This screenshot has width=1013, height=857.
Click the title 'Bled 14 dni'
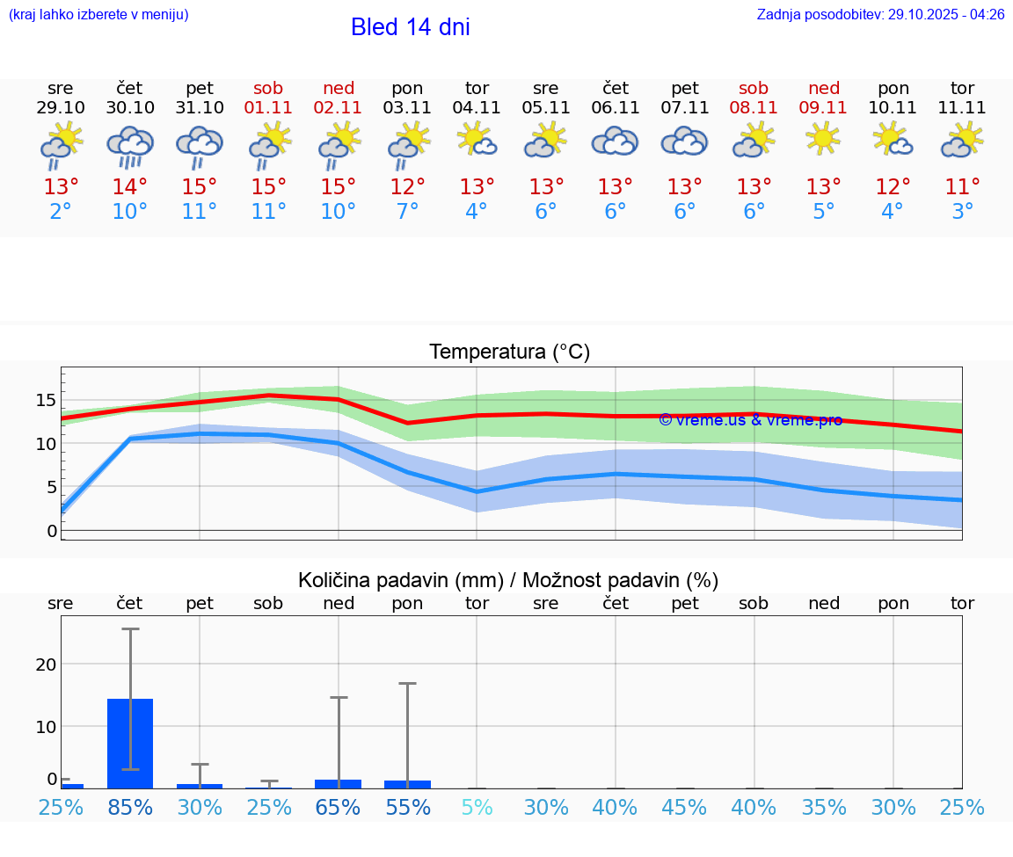coord(410,27)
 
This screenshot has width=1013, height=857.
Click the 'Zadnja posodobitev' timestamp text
coord(880,15)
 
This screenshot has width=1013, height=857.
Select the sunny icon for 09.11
coord(823,139)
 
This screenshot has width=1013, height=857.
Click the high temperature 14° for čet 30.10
coord(130,187)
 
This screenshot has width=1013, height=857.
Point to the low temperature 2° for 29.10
coord(61,212)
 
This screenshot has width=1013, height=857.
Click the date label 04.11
coord(477,108)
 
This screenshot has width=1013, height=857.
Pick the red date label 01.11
coord(269,108)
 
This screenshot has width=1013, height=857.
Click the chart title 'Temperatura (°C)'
coord(509,352)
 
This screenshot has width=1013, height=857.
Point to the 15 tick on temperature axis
coord(46,401)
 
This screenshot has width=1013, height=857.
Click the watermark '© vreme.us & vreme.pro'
coord(750,420)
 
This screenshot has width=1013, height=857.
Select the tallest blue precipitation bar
coord(130,744)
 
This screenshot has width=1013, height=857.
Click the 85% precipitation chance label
coord(130,808)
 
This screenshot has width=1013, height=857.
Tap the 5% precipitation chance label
coord(477,808)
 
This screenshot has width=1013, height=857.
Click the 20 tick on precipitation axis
coord(46,665)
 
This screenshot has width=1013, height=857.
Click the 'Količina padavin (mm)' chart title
coord(508,580)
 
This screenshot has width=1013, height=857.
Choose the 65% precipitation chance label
coord(339,808)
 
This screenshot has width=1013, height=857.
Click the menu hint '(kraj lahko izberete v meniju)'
coord(98,15)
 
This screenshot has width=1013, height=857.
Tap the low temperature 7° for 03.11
coord(407,212)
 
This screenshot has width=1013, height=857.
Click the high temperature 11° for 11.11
coord(962,187)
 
